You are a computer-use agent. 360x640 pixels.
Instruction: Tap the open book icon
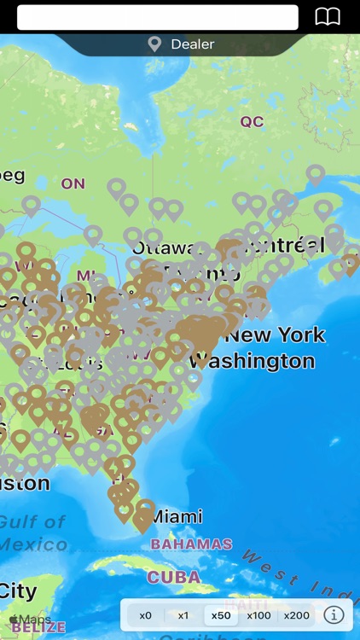[328, 17]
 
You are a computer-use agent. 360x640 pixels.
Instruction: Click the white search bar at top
[158, 17]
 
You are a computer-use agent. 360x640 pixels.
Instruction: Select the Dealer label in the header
[192, 44]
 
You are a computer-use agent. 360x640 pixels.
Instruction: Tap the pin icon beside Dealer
[154, 44]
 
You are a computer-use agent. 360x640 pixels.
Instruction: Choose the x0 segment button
[146, 615]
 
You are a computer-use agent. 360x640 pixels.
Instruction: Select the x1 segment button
[183, 615]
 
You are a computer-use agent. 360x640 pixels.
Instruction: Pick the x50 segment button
[221, 615]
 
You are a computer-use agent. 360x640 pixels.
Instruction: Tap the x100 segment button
[258, 615]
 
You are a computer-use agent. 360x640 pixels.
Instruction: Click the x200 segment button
[296, 615]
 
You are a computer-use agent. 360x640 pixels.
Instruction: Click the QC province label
[252, 122]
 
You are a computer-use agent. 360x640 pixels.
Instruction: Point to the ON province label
[73, 183]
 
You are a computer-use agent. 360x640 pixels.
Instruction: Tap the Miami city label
[178, 516]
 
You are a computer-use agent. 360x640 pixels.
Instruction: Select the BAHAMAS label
[191, 544]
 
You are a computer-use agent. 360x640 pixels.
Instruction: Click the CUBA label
[173, 578]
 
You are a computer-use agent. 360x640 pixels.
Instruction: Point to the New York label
[276, 335]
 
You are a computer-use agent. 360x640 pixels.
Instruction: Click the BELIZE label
[38, 628]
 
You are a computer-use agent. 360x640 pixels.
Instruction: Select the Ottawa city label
[159, 248]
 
